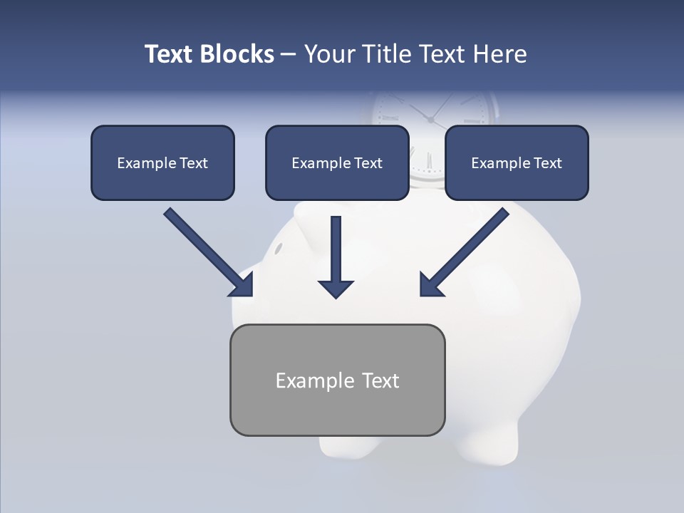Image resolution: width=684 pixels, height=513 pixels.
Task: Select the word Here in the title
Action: [498, 54]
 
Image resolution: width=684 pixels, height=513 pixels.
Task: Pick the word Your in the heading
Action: [327, 54]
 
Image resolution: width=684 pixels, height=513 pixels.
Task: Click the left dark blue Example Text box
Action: [162, 163]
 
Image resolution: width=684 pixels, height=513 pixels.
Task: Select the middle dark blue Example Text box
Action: [337, 163]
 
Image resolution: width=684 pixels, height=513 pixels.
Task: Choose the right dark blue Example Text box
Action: [517, 163]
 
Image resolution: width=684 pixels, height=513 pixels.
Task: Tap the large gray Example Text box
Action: [337, 380]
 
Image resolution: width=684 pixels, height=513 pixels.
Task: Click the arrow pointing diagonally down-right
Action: [207, 250]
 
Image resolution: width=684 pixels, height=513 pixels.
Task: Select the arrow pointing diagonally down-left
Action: [467, 250]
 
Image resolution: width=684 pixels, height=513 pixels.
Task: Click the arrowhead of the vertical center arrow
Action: [336, 288]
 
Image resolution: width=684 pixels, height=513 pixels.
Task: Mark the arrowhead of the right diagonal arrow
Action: [429, 286]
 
